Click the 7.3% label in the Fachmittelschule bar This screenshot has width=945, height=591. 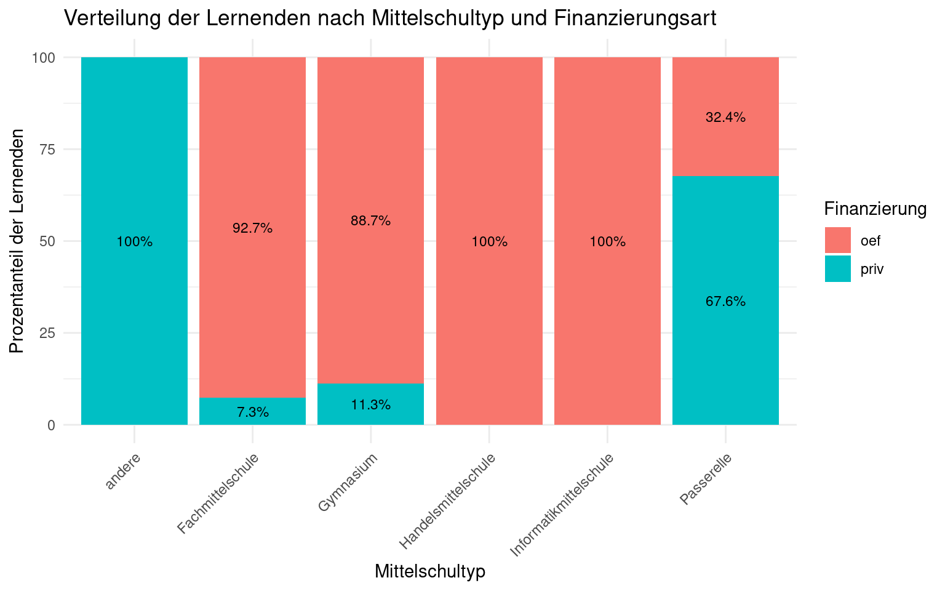click(253, 412)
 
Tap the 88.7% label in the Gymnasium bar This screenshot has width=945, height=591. click(371, 221)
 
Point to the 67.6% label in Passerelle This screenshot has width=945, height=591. click(725, 302)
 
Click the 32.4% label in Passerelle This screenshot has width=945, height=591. click(725, 118)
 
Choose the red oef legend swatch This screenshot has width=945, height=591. click(838, 240)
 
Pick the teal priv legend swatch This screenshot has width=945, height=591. click(838, 269)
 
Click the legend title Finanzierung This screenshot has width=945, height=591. click(875, 209)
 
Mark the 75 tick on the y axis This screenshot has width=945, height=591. click(48, 150)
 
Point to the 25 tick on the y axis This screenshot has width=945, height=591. click(48, 333)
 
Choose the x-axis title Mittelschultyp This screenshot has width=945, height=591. click(430, 571)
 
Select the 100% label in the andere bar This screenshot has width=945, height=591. click(135, 242)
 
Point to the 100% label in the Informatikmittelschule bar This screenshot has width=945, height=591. click(607, 242)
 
